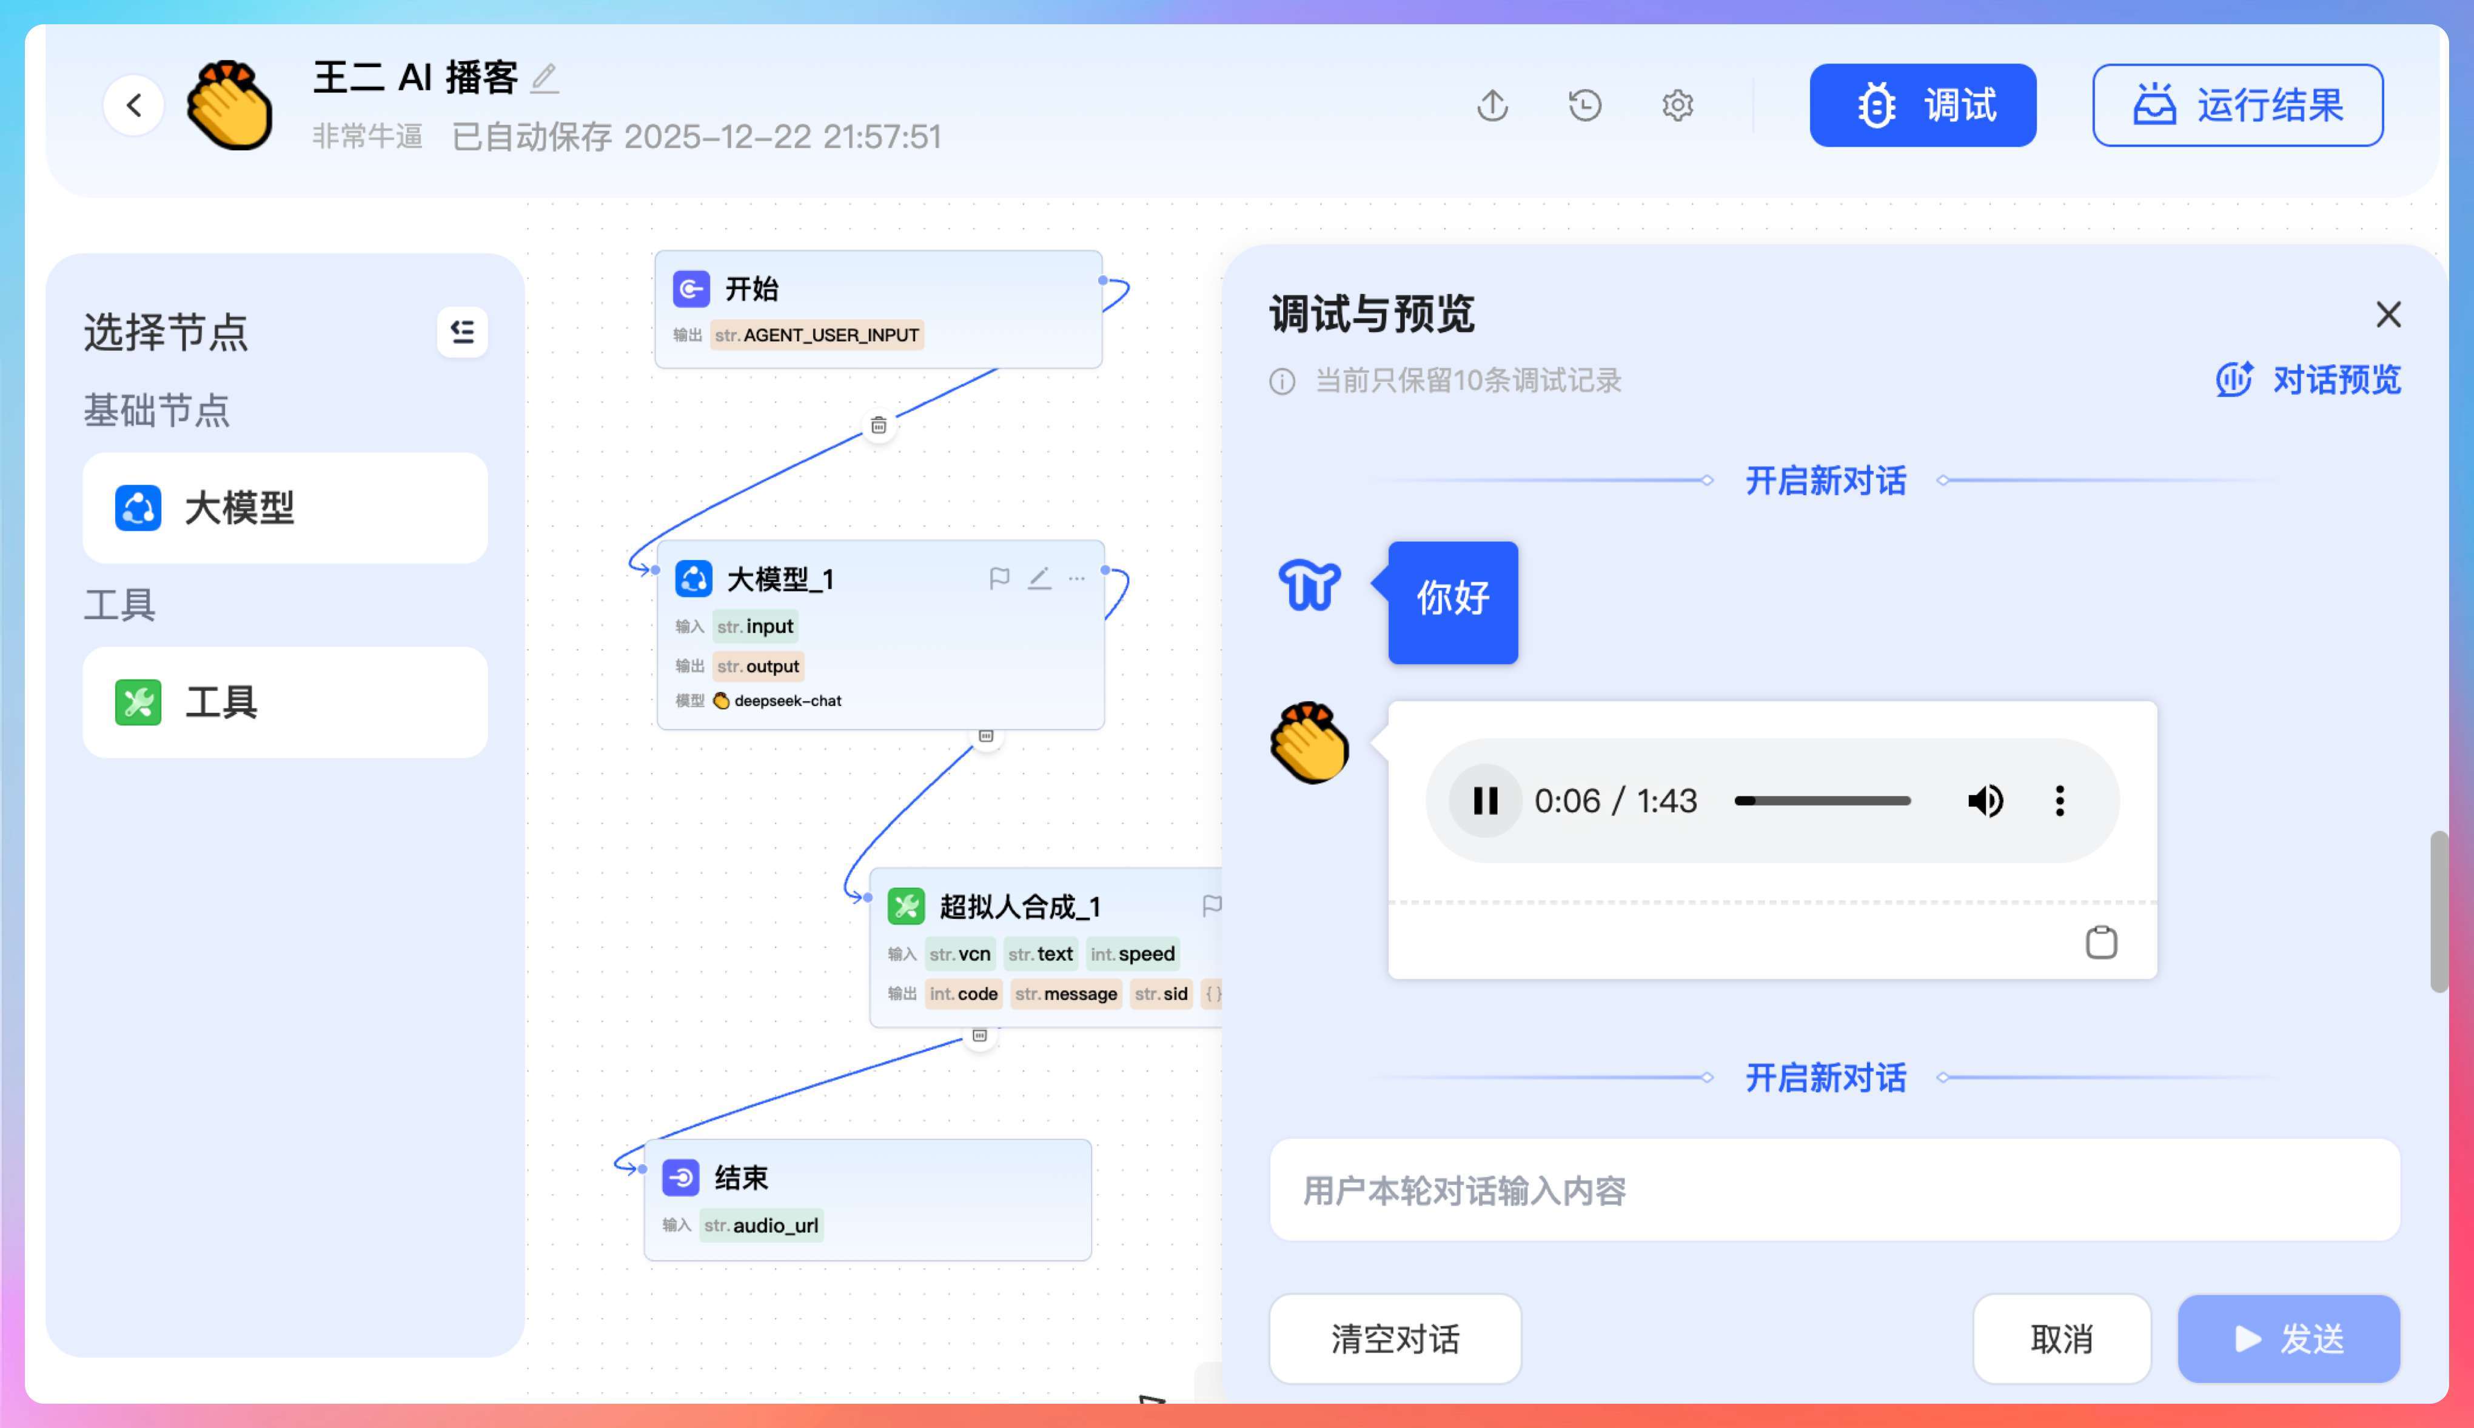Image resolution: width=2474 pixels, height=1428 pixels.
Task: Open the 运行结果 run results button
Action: [x=2237, y=105]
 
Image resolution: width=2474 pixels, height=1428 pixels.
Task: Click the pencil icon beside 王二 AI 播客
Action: [x=545, y=78]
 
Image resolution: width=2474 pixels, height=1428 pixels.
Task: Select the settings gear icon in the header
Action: [x=1677, y=105]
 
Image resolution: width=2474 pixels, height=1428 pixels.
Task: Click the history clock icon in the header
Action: [x=1584, y=105]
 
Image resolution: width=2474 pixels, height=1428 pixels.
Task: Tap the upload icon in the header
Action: [x=1492, y=105]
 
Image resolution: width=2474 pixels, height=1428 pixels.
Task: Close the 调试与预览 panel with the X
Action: [x=2388, y=315]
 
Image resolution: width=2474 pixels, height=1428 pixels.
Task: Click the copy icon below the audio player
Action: [x=2100, y=943]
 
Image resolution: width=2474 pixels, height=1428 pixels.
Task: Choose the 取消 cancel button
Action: [x=2061, y=1338]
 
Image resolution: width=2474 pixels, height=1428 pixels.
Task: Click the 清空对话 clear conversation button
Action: [x=1394, y=1338]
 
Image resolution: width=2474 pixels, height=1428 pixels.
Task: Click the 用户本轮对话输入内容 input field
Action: [x=1834, y=1190]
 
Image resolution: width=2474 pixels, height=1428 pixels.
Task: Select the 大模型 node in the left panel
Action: [x=284, y=508]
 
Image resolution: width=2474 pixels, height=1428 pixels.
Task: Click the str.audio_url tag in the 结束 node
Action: [x=761, y=1225]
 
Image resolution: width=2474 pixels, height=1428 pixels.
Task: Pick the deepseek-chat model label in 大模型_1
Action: [x=786, y=700]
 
